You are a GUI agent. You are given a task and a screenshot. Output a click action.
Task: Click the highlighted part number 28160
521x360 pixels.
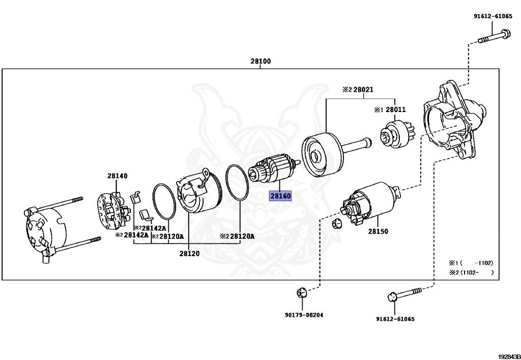click(x=280, y=196)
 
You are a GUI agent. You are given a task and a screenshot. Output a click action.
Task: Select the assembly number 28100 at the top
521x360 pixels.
click(x=260, y=61)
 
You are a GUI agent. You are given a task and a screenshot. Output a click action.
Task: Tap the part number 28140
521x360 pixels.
click(x=117, y=176)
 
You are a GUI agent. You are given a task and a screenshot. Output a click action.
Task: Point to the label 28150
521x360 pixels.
click(x=378, y=231)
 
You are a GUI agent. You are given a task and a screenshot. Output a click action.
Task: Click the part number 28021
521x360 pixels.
click(x=363, y=90)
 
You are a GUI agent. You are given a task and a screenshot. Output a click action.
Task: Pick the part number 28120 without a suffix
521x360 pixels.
click(x=189, y=254)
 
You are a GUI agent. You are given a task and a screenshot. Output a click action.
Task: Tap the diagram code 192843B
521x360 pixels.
click(x=510, y=356)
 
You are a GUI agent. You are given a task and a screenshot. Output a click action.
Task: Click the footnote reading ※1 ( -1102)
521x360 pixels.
click(x=471, y=263)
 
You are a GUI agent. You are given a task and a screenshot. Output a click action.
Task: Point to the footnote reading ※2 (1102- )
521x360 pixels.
click(x=471, y=272)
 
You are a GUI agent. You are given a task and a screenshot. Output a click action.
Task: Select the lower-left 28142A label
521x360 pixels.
click(x=132, y=235)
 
